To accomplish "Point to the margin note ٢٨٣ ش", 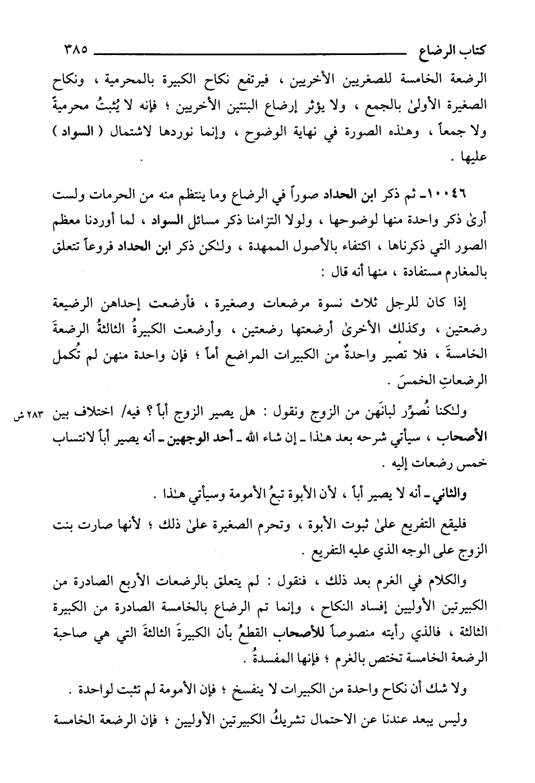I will click(x=28, y=416).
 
